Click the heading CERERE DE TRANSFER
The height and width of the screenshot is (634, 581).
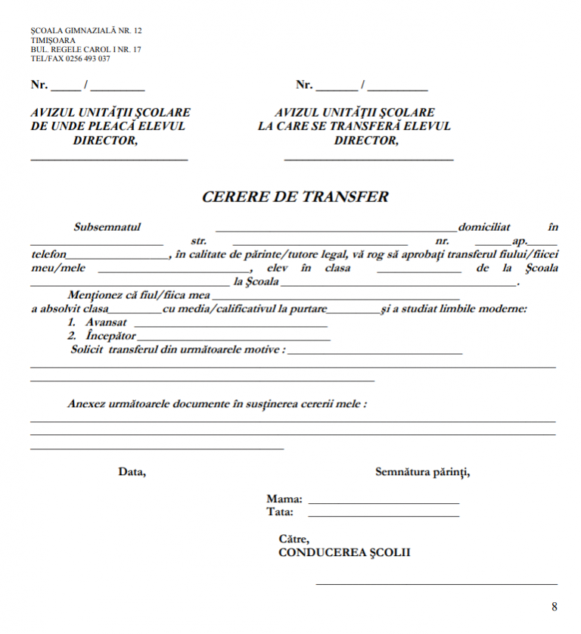pos(295,197)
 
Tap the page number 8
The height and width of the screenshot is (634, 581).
pos(554,607)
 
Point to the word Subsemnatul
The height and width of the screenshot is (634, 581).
pos(107,227)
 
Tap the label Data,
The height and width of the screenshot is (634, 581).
pos(132,472)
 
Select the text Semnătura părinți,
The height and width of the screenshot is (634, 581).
pos(422,472)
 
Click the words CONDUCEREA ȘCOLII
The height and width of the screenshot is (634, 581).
pos(344,552)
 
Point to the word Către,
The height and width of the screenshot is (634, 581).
pos(294,539)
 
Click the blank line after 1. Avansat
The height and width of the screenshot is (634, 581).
pos(230,325)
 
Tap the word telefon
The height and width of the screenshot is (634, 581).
pos(49,254)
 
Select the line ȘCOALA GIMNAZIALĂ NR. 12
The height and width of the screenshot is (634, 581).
pos(85,31)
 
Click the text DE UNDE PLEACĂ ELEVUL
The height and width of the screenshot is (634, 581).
pos(107,126)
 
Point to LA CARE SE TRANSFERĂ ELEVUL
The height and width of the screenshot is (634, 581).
pos(354,126)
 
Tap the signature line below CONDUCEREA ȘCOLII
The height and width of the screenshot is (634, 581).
pos(436,583)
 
